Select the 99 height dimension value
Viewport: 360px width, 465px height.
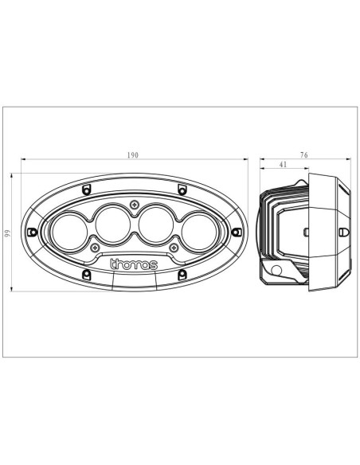tap(8, 232)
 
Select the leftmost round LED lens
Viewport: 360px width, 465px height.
tap(68, 230)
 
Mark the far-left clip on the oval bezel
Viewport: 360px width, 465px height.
tap(32, 232)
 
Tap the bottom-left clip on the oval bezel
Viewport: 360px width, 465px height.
tap(85, 275)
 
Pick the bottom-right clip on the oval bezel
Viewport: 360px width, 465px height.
tap(182, 275)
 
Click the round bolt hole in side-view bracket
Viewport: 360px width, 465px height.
tap(276, 272)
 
